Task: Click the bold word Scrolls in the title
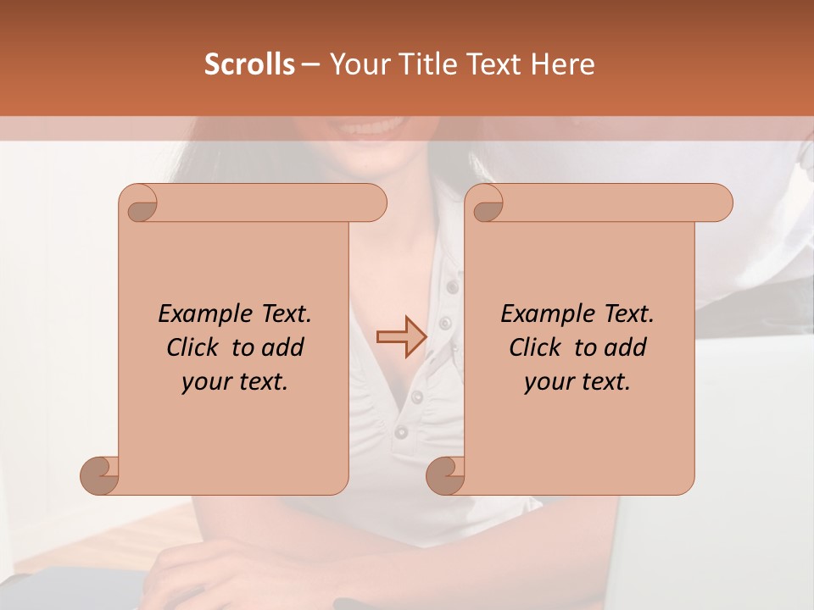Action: click(249, 64)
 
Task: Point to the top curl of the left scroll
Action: click(139, 203)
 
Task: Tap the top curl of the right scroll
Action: click(486, 203)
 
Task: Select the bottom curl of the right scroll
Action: click(445, 475)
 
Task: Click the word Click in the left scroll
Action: click(193, 348)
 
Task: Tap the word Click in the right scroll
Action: click(536, 348)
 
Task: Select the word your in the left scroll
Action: click(204, 382)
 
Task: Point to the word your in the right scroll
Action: click(547, 382)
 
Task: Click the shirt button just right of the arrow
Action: click(443, 323)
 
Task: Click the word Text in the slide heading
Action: click(491, 64)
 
